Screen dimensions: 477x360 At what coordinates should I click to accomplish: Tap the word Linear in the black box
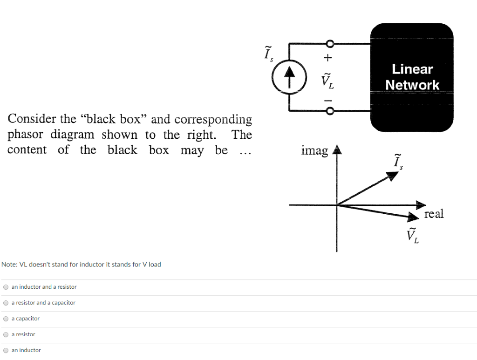pyautogui.click(x=412, y=69)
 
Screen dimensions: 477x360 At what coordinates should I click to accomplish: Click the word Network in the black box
pyautogui.click(x=412, y=85)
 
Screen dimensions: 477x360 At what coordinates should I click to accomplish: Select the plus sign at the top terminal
pyautogui.click(x=328, y=58)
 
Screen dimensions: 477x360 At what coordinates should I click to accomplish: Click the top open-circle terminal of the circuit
pyautogui.click(x=330, y=44)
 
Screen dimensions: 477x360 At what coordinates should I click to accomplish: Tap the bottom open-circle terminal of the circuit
pyautogui.click(x=330, y=111)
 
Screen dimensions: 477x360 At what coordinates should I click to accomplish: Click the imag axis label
pyautogui.click(x=314, y=151)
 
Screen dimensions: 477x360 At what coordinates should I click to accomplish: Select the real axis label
pyautogui.click(x=434, y=214)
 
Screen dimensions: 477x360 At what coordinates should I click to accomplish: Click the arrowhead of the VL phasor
pyautogui.click(x=413, y=217)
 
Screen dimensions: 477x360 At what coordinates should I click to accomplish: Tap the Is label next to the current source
pyautogui.click(x=268, y=54)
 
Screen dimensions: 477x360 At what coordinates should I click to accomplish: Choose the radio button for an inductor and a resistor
pyautogui.click(x=6, y=287)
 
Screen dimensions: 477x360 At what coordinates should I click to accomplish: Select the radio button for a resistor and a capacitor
pyautogui.click(x=6, y=303)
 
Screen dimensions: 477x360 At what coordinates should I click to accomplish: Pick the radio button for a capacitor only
pyautogui.click(x=6, y=319)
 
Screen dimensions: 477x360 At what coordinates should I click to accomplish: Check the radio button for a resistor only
pyautogui.click(x=6, y=334)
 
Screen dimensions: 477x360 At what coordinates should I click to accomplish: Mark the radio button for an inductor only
pyautogui.click(x=6, y=350)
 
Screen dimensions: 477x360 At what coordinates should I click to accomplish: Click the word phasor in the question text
pyautogui.click(x=26, y=135)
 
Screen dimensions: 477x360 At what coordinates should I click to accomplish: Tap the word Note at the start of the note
pyautogui.click(x=9, y=265)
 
